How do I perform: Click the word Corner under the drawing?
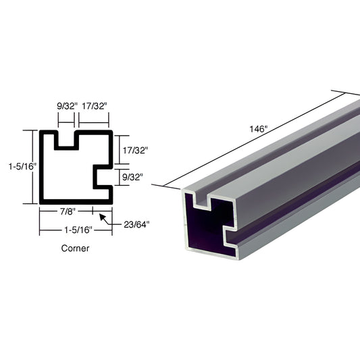[75, 248]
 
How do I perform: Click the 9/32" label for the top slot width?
[66, 106]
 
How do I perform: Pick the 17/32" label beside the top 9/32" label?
[94, 106]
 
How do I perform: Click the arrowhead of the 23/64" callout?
[101, 216]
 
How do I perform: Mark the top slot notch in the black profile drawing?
[66, 140]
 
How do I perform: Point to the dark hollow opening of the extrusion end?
[202, 230]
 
